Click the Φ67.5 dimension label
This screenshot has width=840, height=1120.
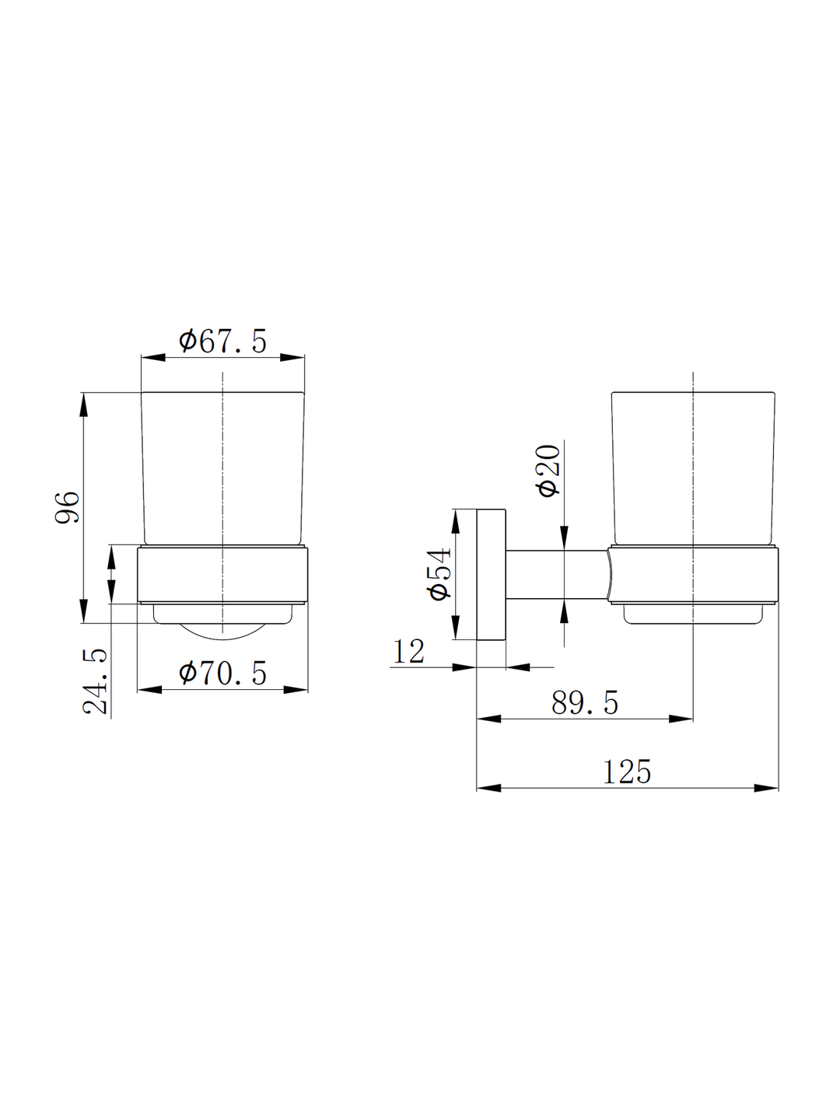click(222, 341)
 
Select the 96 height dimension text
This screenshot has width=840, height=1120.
click(68, 507)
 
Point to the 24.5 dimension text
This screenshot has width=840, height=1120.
click(96, 681)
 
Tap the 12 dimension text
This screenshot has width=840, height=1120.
click(408, 652)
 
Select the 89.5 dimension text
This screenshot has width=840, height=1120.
click(584, 703)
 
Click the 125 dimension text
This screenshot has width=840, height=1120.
click(627, 772)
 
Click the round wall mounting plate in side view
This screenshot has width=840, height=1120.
click(491, 574)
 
